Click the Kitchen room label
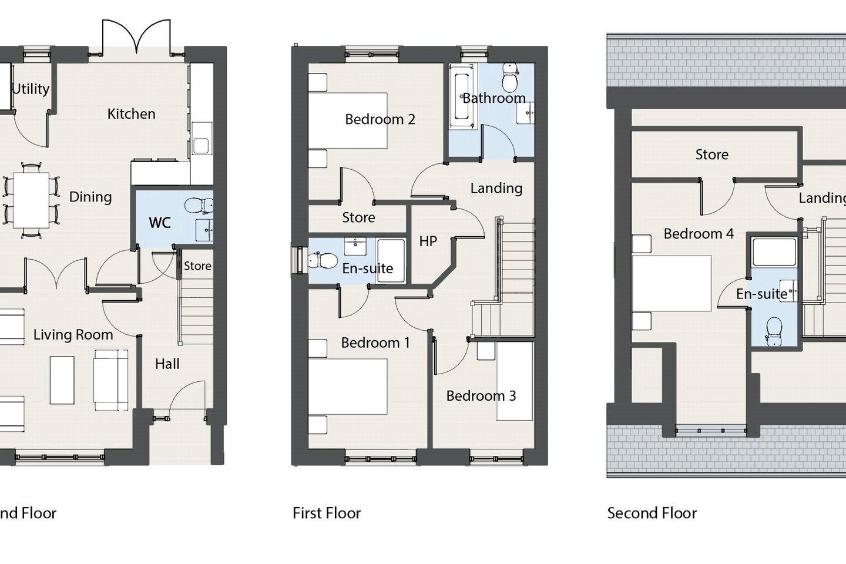pos(131,114)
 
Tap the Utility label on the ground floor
pos(31,89)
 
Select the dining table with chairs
pos(31,200)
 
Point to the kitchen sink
pos(200,145)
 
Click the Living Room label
pos(73,335)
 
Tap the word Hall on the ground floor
pos(167,364)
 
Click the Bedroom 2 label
pos(380,119)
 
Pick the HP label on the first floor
pos(428,241)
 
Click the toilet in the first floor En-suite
pos(322,259)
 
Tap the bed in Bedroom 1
pos(348,387)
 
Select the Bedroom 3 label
pos(481,396)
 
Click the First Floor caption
pos(327,513)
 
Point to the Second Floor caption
pos(652,513)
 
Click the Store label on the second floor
pos(711,155)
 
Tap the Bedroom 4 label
pos(698,234)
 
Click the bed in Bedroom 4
pos(672,283)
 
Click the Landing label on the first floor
pos(496,188)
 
